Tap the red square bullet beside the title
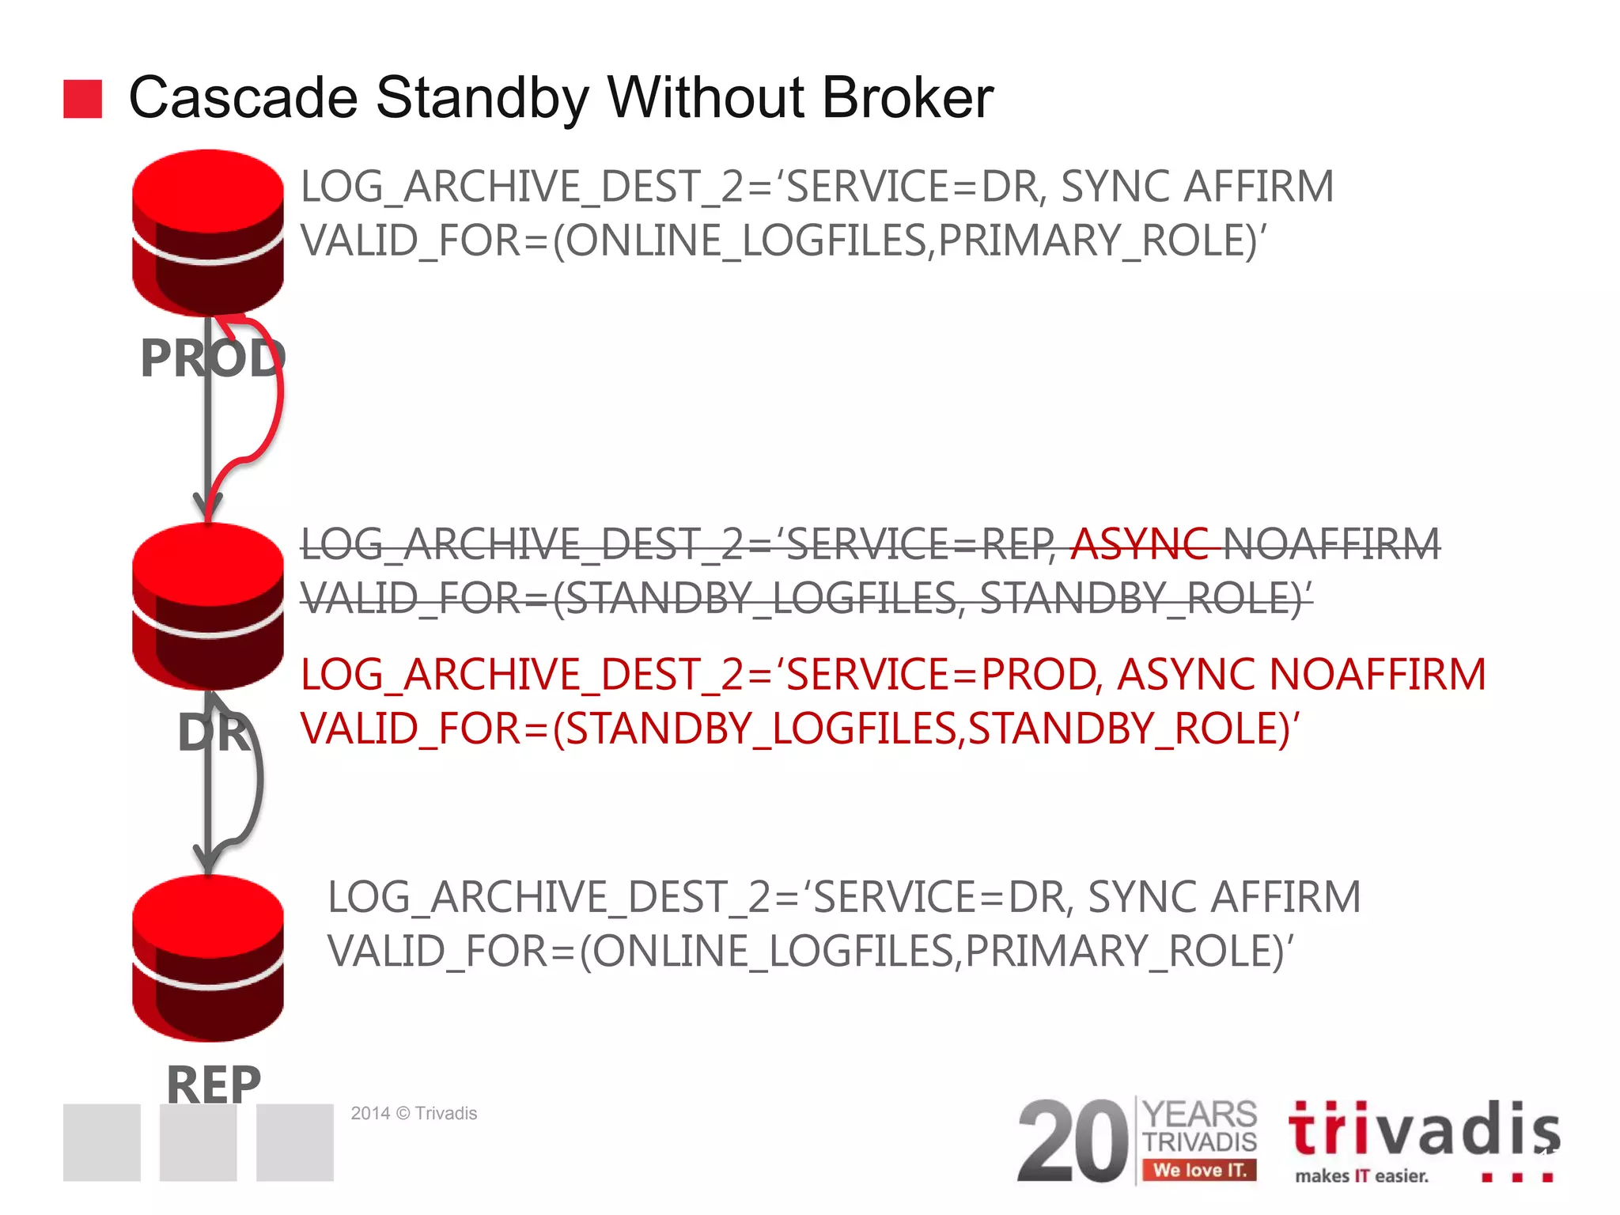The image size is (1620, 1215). pos(82,99)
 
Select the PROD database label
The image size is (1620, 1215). pos(212,358)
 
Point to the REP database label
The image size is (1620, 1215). pos(213,1084)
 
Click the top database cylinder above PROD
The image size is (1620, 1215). pos(208,231)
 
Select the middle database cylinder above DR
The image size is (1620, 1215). pos(208,605)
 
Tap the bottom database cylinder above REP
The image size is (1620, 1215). pos(208,957)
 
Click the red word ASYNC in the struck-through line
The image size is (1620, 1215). pos(1139,544)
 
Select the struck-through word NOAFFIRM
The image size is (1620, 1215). pos(1331,544)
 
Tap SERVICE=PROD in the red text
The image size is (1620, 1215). pos(941,675)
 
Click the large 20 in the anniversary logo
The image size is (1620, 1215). pos(1072,1141)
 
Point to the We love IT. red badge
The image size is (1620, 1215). pos(1199,1170)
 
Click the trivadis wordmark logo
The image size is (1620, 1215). pos(1424,1130)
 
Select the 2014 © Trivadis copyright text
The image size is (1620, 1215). pos(414,1114)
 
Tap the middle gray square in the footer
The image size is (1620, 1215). pos(198,1142)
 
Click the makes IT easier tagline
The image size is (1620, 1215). pos(1361,1176)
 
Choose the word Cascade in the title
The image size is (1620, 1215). pos(244,98)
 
